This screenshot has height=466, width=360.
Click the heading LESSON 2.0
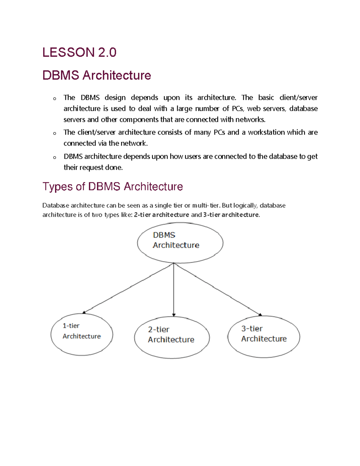pos(79,53)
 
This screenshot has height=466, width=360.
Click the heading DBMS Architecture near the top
pos(97,75)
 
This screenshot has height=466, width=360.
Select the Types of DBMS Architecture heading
pos(112,187)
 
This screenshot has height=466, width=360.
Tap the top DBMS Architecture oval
pos(180,242)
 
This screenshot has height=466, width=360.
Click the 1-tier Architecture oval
pos(82,334)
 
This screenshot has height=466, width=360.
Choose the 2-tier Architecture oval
pos(172,337)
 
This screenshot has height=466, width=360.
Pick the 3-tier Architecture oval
pos(264,336)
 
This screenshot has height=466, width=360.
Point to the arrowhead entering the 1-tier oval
pos(84,312)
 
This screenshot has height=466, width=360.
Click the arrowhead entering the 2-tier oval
pos(174,315)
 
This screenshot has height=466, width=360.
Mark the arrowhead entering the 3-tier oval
pos(260,314)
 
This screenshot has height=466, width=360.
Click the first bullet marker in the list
pos(55,99)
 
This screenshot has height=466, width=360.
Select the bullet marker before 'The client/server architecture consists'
pos(55,134)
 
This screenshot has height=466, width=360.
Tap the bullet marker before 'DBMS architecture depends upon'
pos(55,158)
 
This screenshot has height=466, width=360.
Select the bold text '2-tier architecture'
pos(161,215)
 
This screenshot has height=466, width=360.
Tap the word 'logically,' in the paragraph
pos(245,206)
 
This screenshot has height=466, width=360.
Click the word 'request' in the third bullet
pos(92,167)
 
